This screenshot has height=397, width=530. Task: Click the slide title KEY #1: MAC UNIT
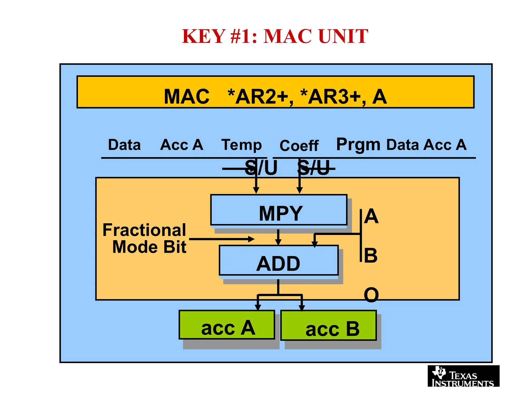click(x=275, y=36)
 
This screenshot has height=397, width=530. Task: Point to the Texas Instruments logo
click(x=463, y=376)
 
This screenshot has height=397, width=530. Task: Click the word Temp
click(x=241, y=145)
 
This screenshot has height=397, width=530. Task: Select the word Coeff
click(x=299, y=146)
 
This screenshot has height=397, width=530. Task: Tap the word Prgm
click(x=358, y=145)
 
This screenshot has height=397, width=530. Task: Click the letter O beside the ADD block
click(x=371, y=295)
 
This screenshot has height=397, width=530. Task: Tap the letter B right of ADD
click(x=371, y=255)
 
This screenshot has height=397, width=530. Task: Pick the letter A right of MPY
click(x=371, y=216)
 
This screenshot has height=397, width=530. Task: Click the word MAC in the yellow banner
click(x=187, y=96)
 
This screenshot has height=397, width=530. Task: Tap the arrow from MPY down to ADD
click(x=278, y=237)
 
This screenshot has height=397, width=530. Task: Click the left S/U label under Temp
click(x=261, y=168)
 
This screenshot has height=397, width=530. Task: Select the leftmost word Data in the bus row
click(x=124, y=145)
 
